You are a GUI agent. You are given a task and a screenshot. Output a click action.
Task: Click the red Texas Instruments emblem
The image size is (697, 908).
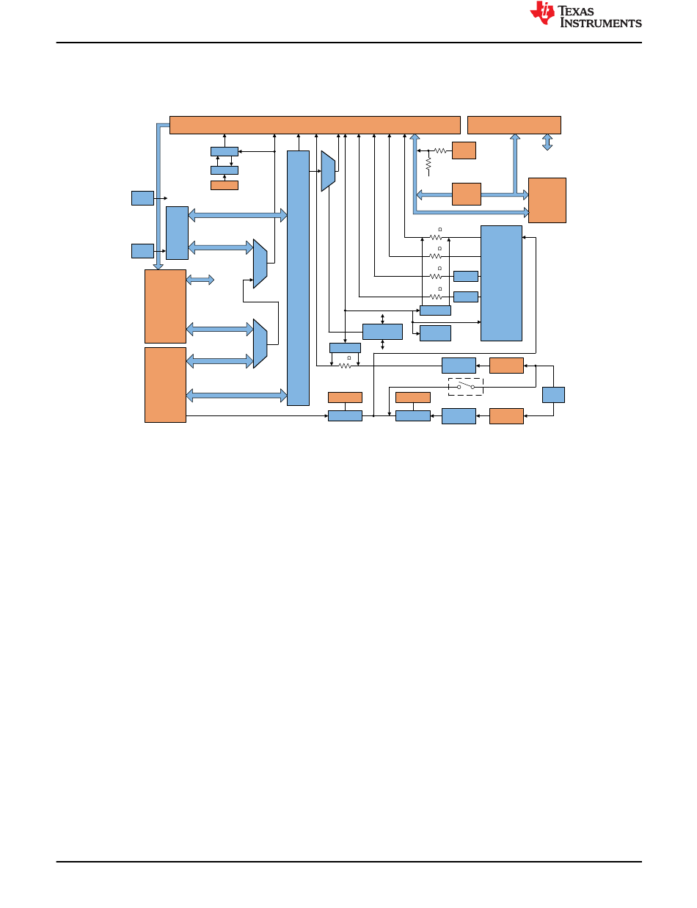pyautogui.click(x=544, y=14)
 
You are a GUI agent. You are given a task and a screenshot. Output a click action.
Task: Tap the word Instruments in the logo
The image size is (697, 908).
pyautogui.click(x=601, y=23)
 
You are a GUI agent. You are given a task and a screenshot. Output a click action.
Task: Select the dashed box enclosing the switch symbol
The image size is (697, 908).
pyautogui.click(x=465, y=387)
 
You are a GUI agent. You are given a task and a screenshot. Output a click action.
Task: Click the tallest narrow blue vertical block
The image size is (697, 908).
pyautogui.click(x=298, y=277)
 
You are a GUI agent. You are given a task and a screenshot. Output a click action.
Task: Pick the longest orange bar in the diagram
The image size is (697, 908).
pyautogui.click(x=315, y=125)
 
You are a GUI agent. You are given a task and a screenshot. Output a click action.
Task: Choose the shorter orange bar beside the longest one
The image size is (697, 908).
pyautogui.click(x=514, y=125)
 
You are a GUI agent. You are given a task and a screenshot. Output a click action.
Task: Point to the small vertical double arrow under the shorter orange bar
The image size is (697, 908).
pyautogui.click(x=547, y=142)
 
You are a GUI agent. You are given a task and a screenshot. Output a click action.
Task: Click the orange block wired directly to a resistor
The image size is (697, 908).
pyautogui.click(x=464, y=150)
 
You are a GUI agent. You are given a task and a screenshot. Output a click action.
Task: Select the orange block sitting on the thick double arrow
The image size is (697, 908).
pyautogui.click(x=467, y=194)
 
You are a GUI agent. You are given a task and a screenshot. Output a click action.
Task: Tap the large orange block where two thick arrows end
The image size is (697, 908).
pyautogui.click(x=547, y=200)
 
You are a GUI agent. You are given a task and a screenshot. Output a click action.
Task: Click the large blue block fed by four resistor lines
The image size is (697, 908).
pyautogui.click(x=501, y=283)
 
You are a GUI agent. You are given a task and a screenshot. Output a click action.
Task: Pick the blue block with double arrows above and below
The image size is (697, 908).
pyautogui.click(x=383, y=331)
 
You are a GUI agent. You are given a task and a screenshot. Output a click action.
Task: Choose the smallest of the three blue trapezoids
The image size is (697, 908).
pyautogui.click(x=328, y=171)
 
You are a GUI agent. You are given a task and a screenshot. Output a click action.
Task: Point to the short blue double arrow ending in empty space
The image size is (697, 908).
pyautogui.click(x=200, y=280)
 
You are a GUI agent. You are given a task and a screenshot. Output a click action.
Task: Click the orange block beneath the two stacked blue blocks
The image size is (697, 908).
pyautogui.click(x=224, y=185)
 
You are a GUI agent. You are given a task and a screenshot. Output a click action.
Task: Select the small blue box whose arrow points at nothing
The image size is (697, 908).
pyautogui.click(x=142, y=197)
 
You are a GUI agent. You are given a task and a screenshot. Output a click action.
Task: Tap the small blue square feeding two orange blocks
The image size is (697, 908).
pyautogui.click(x=554, y=394)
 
